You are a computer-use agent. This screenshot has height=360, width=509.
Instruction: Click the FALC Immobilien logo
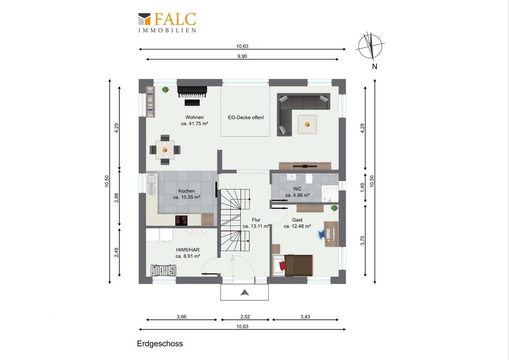(167, 23)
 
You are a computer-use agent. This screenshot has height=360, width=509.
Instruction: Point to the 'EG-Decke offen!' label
(246, 118)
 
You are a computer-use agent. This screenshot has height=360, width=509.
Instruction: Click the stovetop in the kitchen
(181, 220)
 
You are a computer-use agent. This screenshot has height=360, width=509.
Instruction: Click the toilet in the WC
(309, 179)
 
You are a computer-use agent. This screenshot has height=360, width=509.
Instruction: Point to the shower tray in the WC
(330, 194)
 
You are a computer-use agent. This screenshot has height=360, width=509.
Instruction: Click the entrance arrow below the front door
(245, 292)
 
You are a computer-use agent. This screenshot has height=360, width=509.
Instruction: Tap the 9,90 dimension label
(242, 56)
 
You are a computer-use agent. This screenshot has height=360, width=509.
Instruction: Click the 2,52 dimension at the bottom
(245, 317)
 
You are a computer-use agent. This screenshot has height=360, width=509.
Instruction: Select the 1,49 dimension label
(362, 188)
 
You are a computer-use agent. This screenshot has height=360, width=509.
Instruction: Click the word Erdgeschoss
(160, 344)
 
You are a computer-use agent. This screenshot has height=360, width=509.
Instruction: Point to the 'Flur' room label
(256, 220)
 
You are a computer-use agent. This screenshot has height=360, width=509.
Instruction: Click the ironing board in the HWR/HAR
(197, 232)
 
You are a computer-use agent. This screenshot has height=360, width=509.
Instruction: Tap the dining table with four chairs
(165, 150)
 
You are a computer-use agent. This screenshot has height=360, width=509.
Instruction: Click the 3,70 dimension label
(362, 241)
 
